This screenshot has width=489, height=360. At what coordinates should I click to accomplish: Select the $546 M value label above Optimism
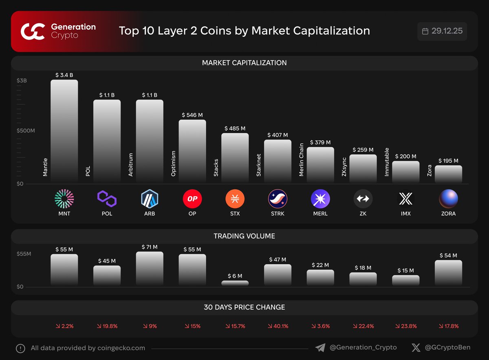point(192,115)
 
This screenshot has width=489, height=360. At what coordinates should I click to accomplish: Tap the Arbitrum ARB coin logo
point(149,199)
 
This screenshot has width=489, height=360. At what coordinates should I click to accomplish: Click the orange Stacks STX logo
point(235,199)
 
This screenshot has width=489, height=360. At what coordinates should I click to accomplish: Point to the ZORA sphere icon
point(448,199)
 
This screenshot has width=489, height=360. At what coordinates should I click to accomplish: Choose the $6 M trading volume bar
point(235,283)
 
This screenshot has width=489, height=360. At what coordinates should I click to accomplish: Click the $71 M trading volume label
point(149,247)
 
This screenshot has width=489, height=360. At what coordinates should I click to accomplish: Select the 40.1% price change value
point(278,326)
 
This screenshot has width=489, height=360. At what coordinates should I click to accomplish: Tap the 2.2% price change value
point(64,326)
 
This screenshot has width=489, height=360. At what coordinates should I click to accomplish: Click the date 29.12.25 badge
point(442,31)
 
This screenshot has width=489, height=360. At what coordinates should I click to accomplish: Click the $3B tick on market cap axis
point(22,81)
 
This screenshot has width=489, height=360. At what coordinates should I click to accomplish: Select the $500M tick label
point(26,131)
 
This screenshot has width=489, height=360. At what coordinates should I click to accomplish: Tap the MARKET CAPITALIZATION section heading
point(244,63)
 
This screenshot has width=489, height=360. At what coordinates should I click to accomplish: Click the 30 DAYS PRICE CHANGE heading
point(244,307)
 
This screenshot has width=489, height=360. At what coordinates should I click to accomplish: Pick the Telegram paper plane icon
point(320,348)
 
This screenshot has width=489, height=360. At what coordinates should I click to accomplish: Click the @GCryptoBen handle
point(447,348)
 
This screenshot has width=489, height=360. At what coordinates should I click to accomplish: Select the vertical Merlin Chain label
point(302,159)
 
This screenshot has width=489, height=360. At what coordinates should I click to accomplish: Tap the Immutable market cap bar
point(405,172)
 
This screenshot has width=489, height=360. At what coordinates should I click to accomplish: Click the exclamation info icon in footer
point(20,349)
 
